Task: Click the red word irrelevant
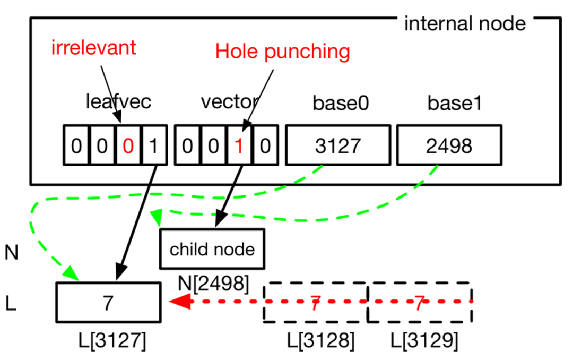pos(93,48)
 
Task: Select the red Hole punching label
pos(282,52)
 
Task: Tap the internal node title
pos(465,23)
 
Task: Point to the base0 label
pos(340,103)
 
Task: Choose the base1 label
pos(455,103)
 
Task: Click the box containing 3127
pos(338,145)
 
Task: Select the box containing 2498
pos(449,145)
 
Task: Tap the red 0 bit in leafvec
pos(128,145)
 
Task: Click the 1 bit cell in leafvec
pos(153,145)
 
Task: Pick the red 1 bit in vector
pos(239,145)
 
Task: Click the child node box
pos(212,249)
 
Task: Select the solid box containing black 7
pos(108,303)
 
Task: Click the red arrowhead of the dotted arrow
pos(179,302)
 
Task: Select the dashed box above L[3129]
pos(419,303)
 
